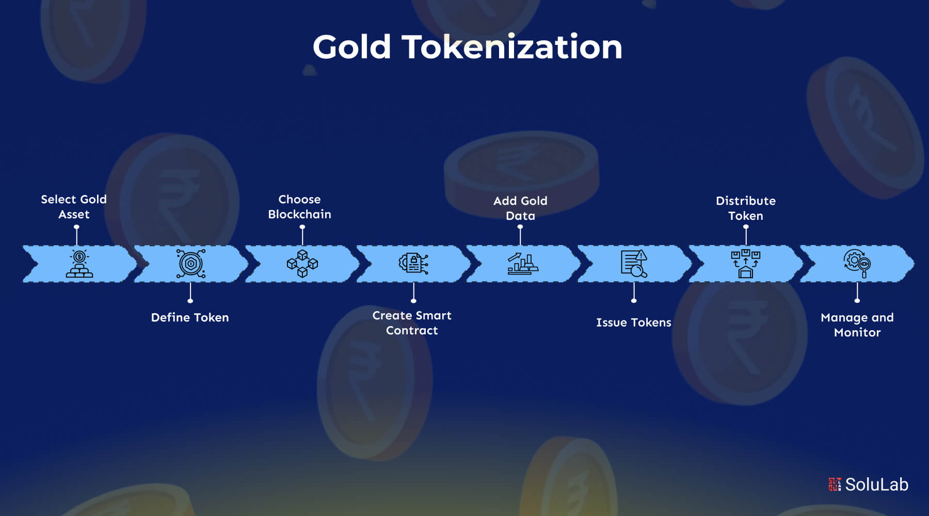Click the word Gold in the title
click(351, 47)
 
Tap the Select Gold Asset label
click(74, 206)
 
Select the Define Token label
click(190, 317)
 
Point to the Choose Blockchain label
click(299, 206)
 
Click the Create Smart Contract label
click(412, 322)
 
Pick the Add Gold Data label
click(520, 208)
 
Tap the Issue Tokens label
click(634, 322)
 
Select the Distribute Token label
click(746, 208)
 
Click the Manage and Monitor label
click(857, 325)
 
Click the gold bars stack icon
click(79, 264)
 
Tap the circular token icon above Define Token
click(190, 264)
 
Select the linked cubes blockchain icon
click(302, 264)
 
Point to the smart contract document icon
click(413, 263)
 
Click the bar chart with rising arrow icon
click(523, 264)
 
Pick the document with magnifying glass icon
click(634, 264)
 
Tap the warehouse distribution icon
click(746, 264)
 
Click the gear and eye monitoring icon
click(857, 264)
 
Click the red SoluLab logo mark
click(835, 484)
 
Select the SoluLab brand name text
click(876, 485)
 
